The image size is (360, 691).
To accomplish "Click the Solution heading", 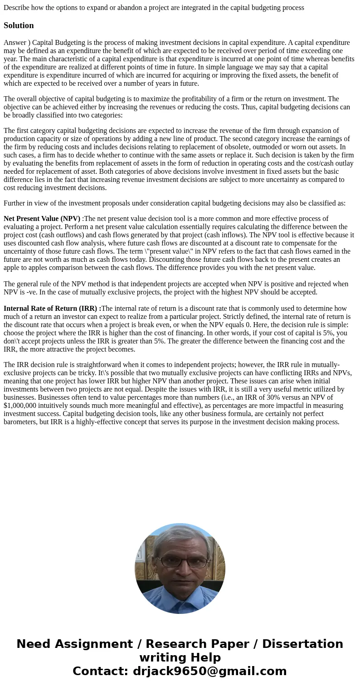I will (x=19, y=25).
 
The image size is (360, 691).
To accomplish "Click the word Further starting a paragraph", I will (x=16, y=203).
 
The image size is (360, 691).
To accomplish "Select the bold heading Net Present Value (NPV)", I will (x=42, y=219).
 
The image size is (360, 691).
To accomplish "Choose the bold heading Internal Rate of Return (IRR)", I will (x=52, y=309).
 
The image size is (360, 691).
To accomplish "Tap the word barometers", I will (x=21, y=422).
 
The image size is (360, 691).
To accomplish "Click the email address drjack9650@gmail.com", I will (x=209, y=671).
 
